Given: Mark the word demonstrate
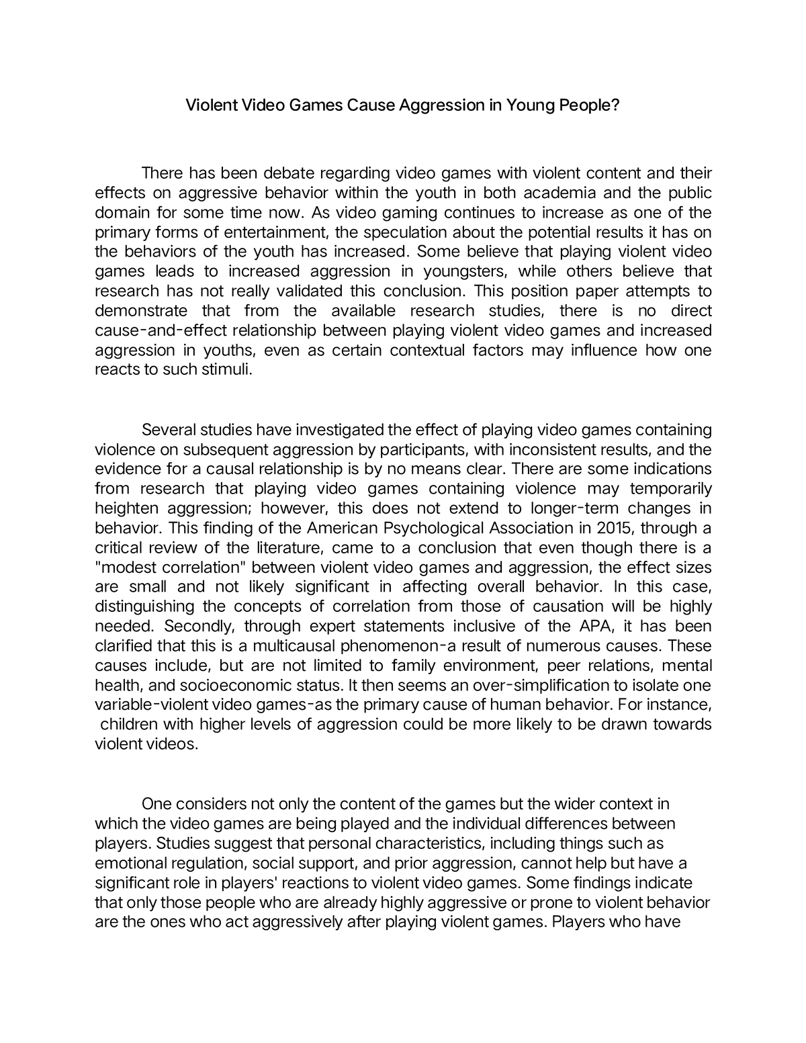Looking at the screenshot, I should tap(141, 311).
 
